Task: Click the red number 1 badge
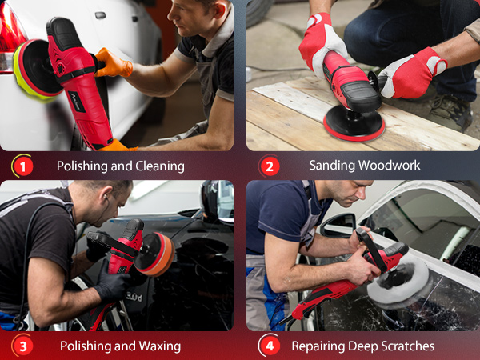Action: click(22, 166)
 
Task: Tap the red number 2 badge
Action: click(270, 166)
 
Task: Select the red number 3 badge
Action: click(22, 346)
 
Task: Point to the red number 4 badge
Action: click(270, 346)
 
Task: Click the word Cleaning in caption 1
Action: click(160, 166)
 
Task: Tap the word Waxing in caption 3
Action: click(160, 346)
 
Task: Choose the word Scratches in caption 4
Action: click(403, 346)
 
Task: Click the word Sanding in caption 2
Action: click(332, 166)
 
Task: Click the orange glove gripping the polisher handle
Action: click(113, 64)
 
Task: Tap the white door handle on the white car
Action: click(101, 15)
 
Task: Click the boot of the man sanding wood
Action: click(450, 113)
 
